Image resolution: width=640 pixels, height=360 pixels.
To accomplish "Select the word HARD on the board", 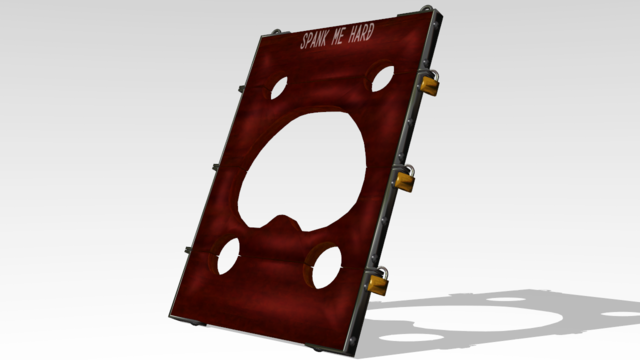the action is [x=361, y=32].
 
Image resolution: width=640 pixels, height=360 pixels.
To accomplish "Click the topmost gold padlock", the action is [x=429, y=84].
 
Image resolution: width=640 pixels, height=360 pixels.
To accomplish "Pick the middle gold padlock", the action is [x=404, y=180].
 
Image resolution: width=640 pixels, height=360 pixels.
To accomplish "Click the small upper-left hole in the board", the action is [x=279, y=87].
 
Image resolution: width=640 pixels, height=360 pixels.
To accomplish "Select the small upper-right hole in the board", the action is [x=383, y=78].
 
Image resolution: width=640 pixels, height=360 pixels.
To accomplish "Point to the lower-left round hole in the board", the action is [x=229, y=256].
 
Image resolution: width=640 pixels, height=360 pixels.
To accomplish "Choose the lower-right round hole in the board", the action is [x=327, y=267].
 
